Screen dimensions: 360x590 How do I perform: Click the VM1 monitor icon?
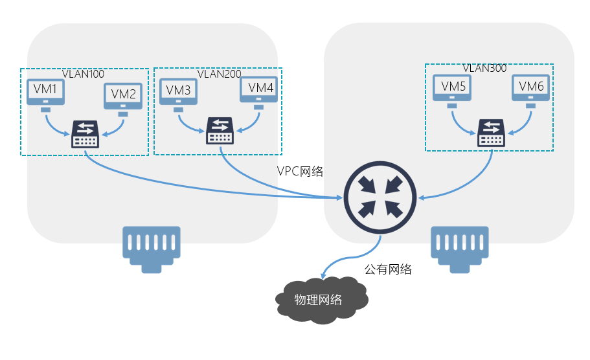[45, 93]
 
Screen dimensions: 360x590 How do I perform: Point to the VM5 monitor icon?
[452, 88]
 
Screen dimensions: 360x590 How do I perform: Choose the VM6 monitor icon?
[531, 88]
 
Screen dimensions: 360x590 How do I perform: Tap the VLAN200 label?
[219, 74]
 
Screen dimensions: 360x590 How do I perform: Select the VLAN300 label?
[484, 68]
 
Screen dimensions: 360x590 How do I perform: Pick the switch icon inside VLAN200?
[220, 131]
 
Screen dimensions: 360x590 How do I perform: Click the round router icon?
[381, 196]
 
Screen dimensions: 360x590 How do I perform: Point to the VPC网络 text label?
[299, 172]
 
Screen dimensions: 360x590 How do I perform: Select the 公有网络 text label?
[388, 269]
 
